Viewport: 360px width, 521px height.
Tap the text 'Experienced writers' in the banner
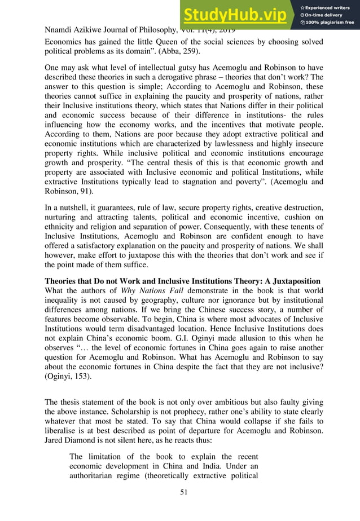point(332,6)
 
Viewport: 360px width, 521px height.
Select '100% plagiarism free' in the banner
point(331,23)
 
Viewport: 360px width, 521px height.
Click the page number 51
point(180,492)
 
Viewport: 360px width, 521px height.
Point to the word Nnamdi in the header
point(59,29)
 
